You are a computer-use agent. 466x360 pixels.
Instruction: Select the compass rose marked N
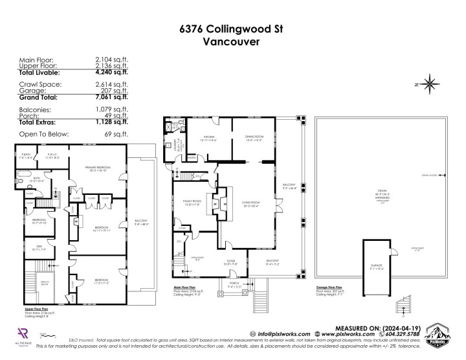pos(429,83)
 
